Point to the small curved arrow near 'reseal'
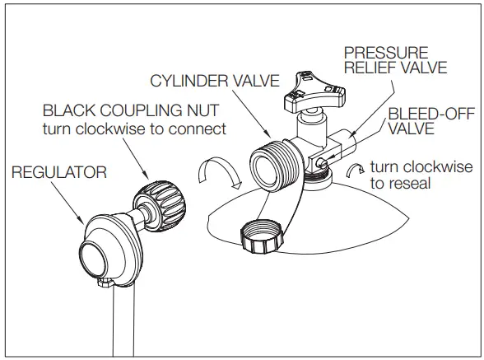355,171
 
